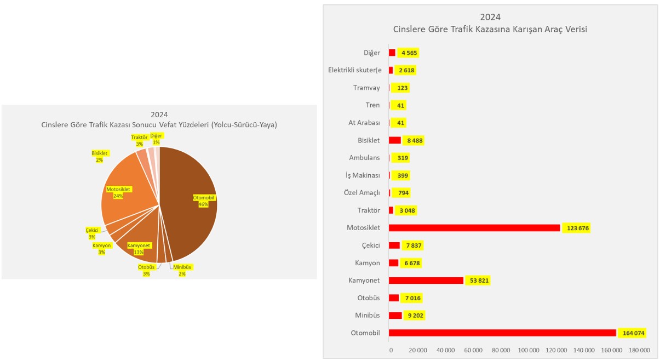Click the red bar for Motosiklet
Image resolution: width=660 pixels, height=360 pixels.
coord(474,228)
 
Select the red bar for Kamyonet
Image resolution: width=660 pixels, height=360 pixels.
coord(426,281)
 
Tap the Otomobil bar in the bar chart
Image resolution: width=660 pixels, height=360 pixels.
coord(502,333)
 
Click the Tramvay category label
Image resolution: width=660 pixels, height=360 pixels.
coord(366,88)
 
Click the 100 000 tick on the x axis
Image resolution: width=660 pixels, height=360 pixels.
coord(529,350)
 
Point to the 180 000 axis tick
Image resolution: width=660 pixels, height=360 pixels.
coord(639,350)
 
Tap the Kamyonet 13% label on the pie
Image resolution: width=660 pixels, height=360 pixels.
coord(139,249)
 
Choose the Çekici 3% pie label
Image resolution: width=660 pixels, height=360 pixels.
coord(91,233)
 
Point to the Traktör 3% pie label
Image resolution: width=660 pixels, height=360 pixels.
coord(139,140)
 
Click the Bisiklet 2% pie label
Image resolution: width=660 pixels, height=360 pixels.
coord(100,156)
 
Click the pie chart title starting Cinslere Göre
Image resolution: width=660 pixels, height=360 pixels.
coord(159,125)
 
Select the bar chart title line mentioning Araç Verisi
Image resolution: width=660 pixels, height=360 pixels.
coord(490,30)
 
